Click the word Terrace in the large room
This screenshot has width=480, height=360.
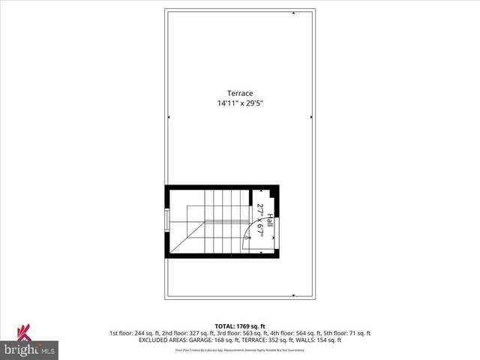pyautogui.click(x=240, y=93)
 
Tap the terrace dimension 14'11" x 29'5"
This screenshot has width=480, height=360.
pyautogui.click(x=240, y=103)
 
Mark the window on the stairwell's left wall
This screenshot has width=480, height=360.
pyautogui.click(x=167, y=221)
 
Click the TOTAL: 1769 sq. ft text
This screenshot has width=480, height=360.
pyautogui.click(x=239, y=326)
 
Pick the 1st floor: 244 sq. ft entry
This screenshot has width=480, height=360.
pyautogui.click(x=134, y=333)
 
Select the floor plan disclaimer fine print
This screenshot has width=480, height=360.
pyautogui.click(x=239, y=349)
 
